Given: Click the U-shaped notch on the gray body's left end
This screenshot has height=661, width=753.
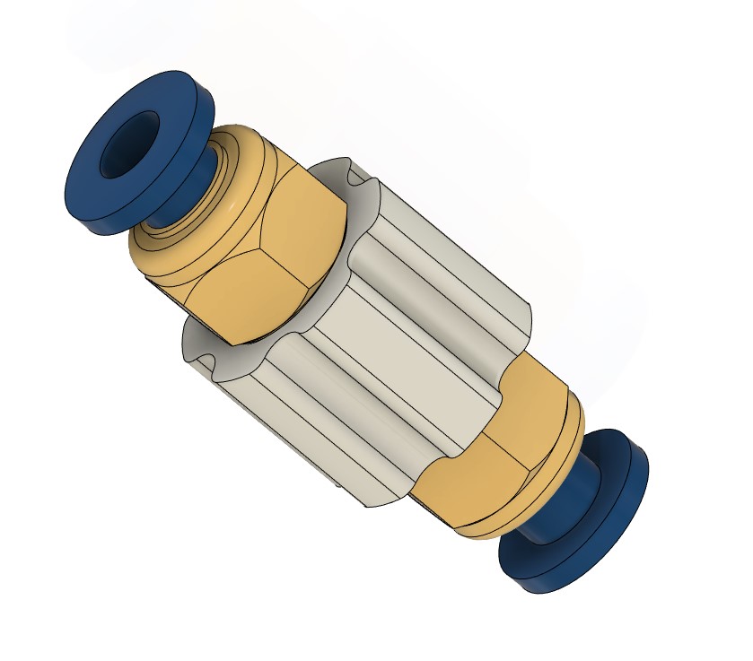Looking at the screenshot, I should pos(202,354).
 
